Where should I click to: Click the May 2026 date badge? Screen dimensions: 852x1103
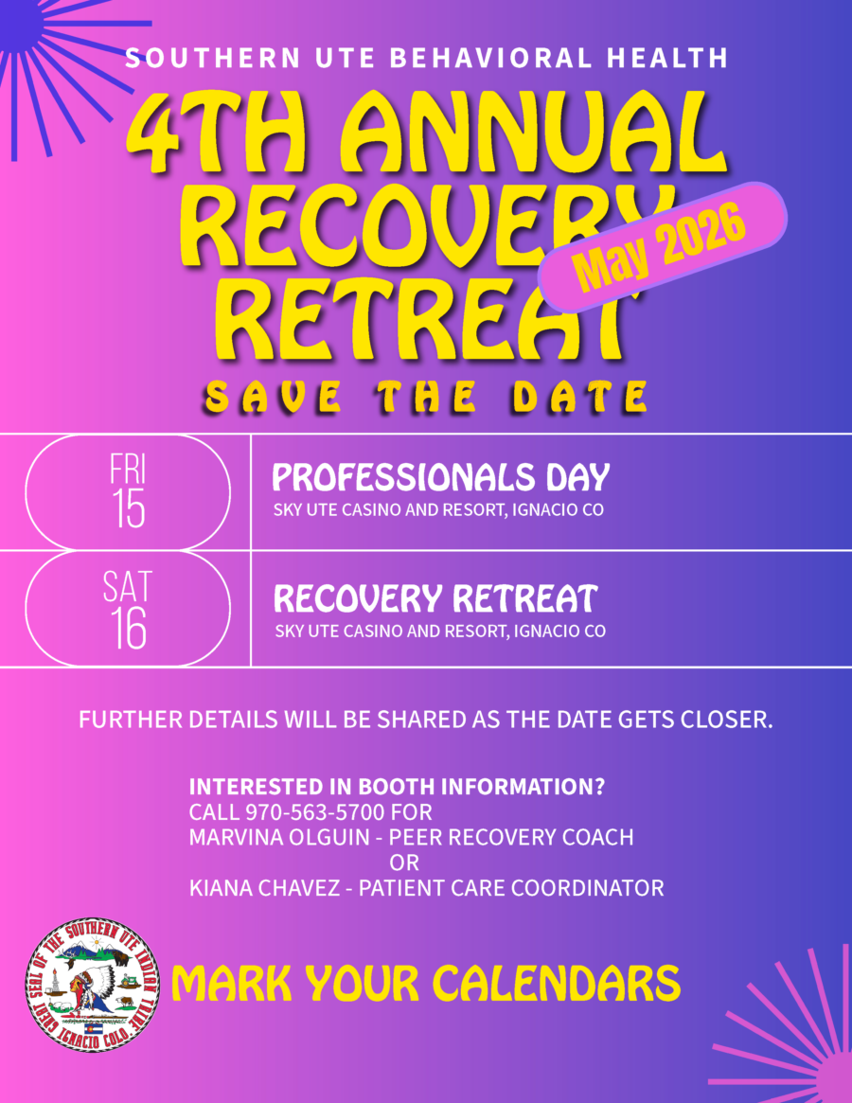click(662, 247)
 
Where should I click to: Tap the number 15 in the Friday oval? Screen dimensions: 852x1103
click(129, 507)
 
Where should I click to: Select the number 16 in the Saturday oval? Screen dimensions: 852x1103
click(128, 628)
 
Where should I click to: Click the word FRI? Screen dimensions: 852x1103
click(128, 470)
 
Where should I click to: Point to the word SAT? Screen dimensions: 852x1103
click(128, 587)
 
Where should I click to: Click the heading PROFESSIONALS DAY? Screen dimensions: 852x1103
click(441, 477)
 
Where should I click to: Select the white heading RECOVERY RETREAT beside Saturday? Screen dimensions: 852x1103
click(435, 598)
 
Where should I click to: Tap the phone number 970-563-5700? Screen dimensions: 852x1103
click(315, 812)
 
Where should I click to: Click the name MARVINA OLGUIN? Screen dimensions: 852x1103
click(279, 837)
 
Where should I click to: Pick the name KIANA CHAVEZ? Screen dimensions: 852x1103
click(264, 888)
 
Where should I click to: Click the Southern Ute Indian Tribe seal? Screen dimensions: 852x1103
click(92, 985)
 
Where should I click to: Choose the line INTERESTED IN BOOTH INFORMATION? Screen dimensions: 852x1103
click(397, 787)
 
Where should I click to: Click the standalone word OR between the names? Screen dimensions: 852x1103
click(404, 863)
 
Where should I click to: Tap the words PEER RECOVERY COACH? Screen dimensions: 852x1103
click(511, 837)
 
